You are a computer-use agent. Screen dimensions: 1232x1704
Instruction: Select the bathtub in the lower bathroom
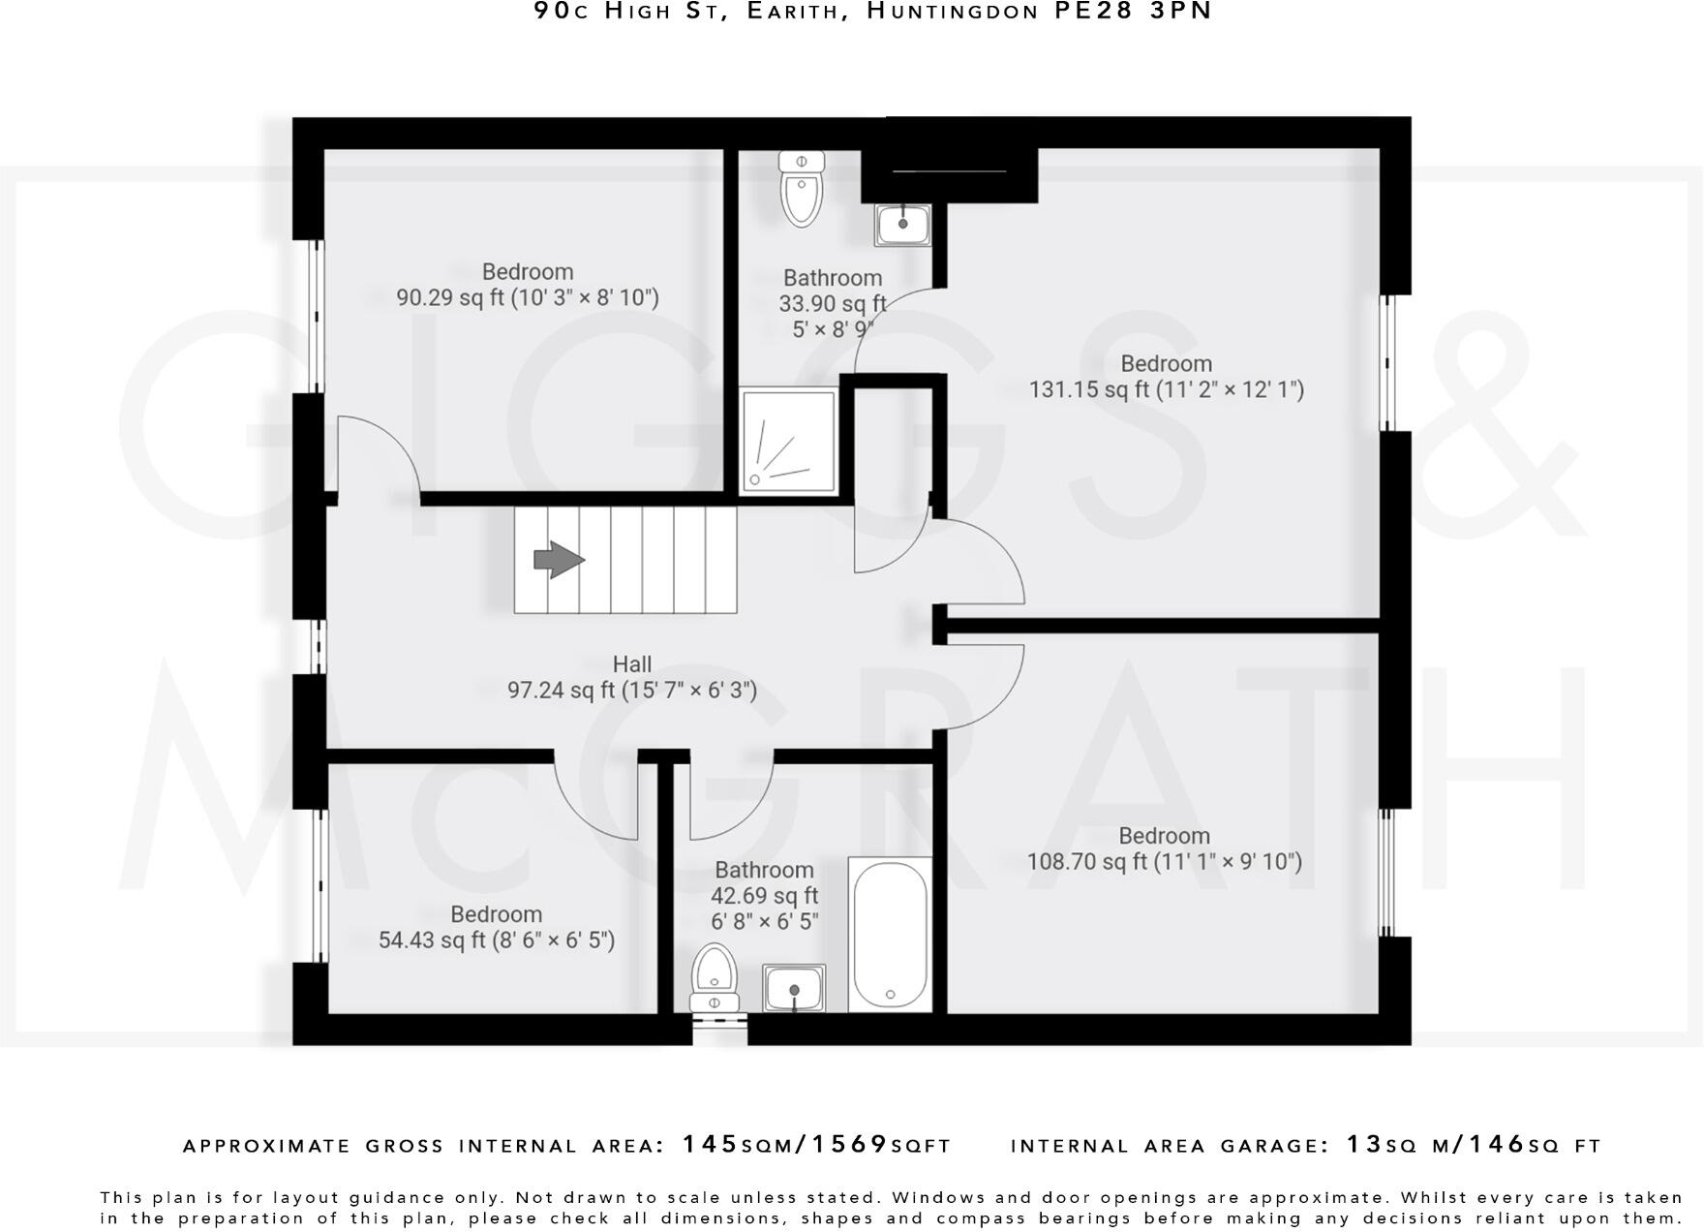[890, 935]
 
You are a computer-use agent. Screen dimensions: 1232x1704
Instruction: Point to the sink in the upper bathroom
[902, 225]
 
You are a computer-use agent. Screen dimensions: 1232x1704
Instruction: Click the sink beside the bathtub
[794, 988]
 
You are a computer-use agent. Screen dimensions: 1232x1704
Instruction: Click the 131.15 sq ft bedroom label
[1166, 377]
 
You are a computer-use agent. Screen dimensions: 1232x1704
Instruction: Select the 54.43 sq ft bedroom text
[496, 928]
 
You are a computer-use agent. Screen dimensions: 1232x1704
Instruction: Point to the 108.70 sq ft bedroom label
[1164, 848]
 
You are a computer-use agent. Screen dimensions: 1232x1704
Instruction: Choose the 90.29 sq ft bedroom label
[528, 285]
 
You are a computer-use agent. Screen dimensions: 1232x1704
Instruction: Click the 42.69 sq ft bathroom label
[764, 895]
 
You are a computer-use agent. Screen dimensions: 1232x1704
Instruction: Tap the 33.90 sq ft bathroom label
[833, 303]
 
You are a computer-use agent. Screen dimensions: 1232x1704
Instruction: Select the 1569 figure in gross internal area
[849, 1145]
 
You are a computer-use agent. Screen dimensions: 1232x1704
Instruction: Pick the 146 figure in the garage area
[1497, 1145]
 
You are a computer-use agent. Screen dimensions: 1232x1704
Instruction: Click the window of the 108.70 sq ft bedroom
[1386, 871]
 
